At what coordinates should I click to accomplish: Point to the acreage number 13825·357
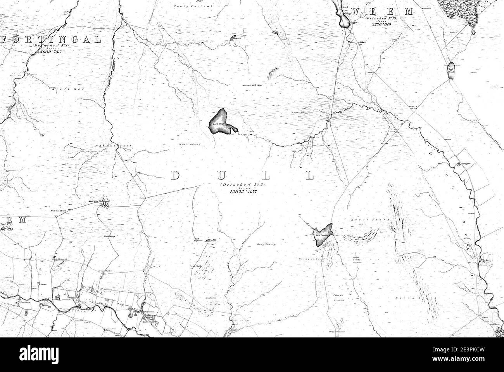[242, 191]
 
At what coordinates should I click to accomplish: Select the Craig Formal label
[181, 6]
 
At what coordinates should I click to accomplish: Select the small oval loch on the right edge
[451, 71]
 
